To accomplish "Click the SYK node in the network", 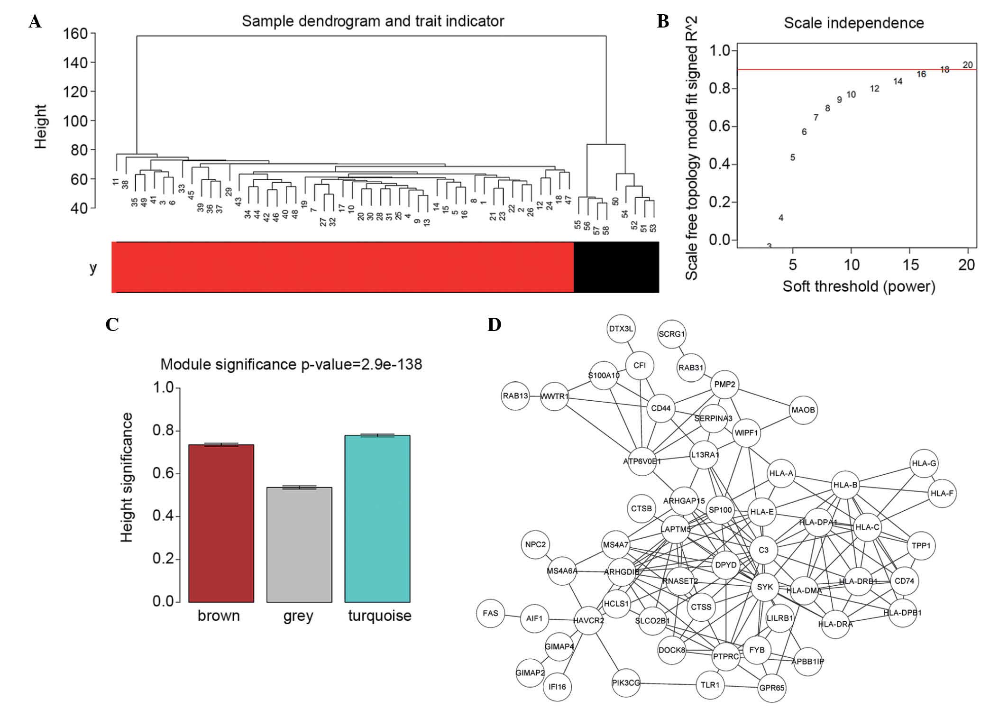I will [765, 587].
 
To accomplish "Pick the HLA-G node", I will [924, 463].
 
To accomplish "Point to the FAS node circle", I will [490, 613].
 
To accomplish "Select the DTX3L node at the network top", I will [621, 329].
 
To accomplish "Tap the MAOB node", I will [803, 410].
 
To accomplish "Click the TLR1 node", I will [710, 684].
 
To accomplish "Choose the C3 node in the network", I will [763, 550].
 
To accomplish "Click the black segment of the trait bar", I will [616, 267].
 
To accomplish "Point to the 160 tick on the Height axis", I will [75, 34].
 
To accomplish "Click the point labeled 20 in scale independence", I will [968, 65].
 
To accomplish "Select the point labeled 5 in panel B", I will [793, 157].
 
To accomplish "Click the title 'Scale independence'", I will [853, 23].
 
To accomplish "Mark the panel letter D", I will [494, 325].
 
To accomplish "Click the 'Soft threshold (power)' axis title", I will [859, 286].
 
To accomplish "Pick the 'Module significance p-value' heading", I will [291, 364].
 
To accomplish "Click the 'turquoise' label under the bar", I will [379, 616].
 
